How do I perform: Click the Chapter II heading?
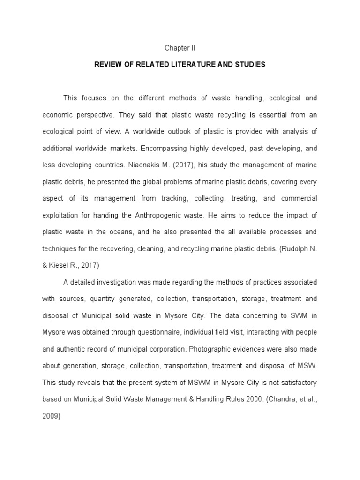[x=180, y=48]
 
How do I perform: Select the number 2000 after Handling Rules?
[x=234, y=399]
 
